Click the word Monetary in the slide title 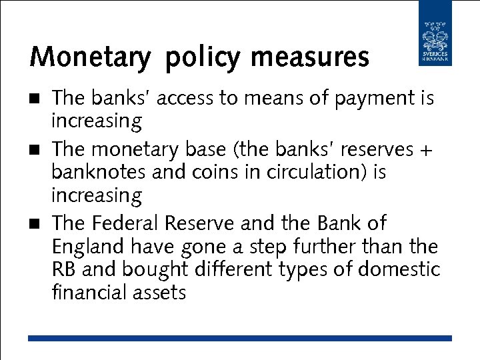90,57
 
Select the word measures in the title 309,57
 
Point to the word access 189,99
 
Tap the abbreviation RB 64,269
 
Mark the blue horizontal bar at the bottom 239,339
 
